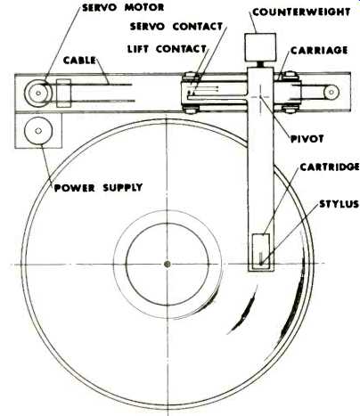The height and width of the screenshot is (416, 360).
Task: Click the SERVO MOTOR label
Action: coord(123,7)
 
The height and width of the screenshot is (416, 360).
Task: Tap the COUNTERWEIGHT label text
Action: coord(301,12)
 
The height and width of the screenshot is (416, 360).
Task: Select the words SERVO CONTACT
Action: coord(176,27)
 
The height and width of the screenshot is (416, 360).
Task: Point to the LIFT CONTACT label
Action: coord(167,49)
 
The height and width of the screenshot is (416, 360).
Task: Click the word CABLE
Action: coord(79,61)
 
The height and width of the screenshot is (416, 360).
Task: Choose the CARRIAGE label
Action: coord(319,50)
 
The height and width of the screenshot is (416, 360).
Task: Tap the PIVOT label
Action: coord(307,139)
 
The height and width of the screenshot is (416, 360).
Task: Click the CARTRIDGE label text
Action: coord(330,167)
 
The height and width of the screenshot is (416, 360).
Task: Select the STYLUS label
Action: coord(339,204)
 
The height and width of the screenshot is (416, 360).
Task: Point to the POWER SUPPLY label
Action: coord(98,188)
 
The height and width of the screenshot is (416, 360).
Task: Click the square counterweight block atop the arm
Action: coord(260,47)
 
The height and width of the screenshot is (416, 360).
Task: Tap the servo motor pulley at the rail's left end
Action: coord(37,93)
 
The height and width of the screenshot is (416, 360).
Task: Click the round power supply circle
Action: coord(38,131)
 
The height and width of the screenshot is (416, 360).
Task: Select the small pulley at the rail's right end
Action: coord(331,93)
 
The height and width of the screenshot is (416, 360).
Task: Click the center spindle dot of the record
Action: coord(168,264)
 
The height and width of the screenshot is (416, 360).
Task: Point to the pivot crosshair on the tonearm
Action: coord(260,96)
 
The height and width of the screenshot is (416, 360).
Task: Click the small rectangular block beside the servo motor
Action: coord(63,94)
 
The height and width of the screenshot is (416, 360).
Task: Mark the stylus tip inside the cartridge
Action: coord(260,263)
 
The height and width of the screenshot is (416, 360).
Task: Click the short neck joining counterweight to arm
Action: coord(260,64)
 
